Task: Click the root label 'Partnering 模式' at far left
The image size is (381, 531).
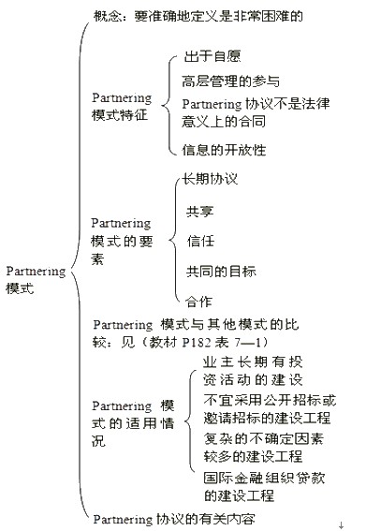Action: (36, 280)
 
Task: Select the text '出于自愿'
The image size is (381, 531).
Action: (212, 56)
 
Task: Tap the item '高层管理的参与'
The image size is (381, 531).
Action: (231, 81)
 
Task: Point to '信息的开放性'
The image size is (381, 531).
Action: (224, 150)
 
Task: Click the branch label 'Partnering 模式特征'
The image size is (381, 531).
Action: (122, 107)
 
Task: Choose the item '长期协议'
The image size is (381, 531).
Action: (210, 179)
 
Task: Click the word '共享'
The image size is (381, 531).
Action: (200, 212)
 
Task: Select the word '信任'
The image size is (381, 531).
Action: (200, 241)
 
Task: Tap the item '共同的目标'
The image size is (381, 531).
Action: (221, 271)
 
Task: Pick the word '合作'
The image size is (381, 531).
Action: (198, 301)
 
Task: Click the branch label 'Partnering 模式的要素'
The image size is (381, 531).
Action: (122, 241)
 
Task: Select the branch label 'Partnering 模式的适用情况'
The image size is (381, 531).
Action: (133, 423)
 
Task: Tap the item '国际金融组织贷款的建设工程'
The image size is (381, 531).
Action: (264, 487)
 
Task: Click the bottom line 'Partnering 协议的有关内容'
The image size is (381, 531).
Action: (174, 519)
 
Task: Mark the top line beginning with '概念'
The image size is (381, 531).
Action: (198, 16)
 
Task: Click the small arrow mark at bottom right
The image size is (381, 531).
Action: (341, 525)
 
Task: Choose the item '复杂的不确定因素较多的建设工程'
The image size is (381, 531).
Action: (264, 448)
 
